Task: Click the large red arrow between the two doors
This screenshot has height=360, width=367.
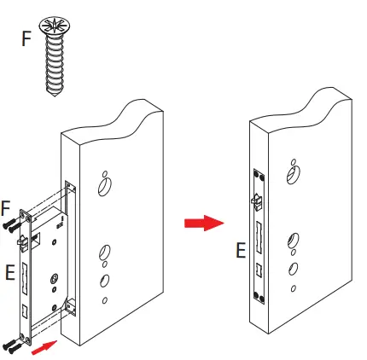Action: click(203, 223)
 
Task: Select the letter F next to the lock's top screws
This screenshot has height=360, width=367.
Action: click(6, 206)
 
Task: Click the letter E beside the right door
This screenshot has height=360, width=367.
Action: click(241, 251)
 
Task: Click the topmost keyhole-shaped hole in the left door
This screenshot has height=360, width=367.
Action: click(105, 184)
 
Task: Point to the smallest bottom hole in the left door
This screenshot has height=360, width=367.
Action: click(105, 300)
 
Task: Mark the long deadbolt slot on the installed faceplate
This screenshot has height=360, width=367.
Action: click(258, 234)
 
